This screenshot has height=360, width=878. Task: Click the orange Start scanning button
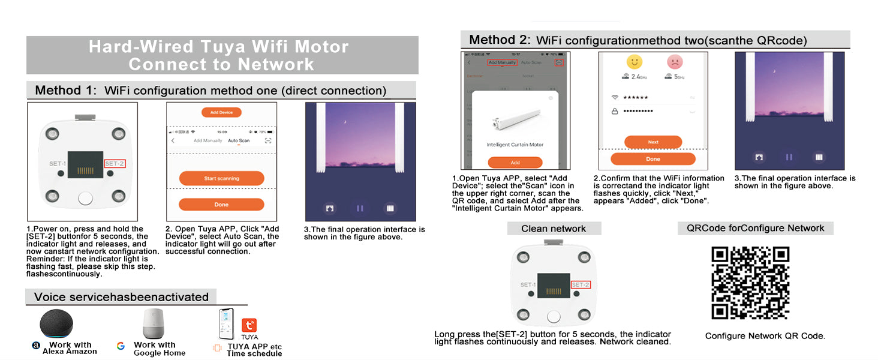221,178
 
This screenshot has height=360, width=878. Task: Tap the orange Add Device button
221,112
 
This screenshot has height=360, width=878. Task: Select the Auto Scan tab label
239,140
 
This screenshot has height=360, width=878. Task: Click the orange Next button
653,142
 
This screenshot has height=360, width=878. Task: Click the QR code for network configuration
750,283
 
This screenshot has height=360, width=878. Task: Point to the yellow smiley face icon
634,62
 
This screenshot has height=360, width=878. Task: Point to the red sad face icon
675,62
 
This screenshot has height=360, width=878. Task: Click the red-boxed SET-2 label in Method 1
115,164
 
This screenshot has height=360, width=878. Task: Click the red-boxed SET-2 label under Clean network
581,284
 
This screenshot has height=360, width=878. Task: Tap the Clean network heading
554,229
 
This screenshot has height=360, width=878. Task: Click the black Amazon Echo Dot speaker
57,324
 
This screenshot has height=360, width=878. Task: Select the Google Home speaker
153,324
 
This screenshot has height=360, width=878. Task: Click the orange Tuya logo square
249,326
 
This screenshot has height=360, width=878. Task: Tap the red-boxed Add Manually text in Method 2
501,62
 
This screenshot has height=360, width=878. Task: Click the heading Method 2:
500,40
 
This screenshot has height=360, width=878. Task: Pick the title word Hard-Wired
141,47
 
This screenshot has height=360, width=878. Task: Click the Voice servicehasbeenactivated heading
121,297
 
